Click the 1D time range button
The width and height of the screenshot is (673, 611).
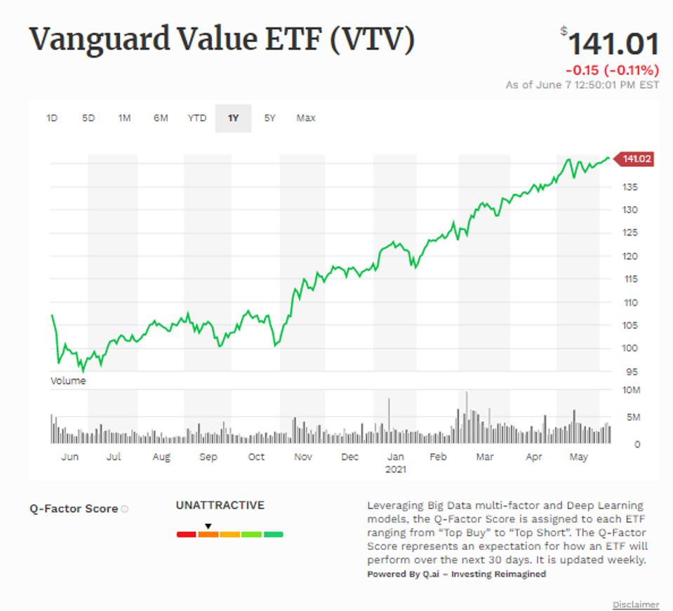pyautogui.click(x=52, y=118)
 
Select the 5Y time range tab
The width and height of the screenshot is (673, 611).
pyautogui.click(x=270, y=118)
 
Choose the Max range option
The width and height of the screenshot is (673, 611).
pyautogui.click(x=306, y=118)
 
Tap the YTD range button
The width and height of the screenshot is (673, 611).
pyautogui.click(x=197, y=118)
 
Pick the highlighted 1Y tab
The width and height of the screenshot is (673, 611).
pyautogui.click(x=234, y=118)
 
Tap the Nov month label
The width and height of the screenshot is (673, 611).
pyautogui.click(x=302, y=457)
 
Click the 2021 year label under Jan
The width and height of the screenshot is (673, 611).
pyautogui.click(x=396, y=469)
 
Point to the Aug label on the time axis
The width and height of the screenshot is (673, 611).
pyautogui.click(x=161, y=457)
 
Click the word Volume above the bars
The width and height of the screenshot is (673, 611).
pyautogui.click(x=68, y=381)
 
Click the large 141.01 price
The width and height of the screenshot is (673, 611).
pyautogui.click(x=613, y=44)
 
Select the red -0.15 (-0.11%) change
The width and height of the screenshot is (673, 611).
pyautogui.click(x=612, y=70)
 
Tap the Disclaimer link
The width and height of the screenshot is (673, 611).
pyautogui.click(x=636, y=604)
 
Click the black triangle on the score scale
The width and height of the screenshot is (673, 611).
pyautogui.click(x=208, y=526)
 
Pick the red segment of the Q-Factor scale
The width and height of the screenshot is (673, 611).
pyautogui.click(x=186, y=535)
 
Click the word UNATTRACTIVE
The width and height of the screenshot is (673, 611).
pyautogui.click(x=220, y=505)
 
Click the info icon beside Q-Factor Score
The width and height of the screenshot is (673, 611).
pyautogui.click(x=125, y=509)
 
